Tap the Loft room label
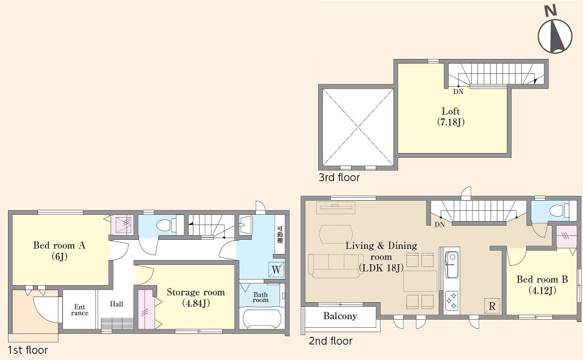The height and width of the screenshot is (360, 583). pyautogui.click(x=451, y=116)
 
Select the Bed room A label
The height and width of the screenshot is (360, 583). pyautogui.click(x=59, y=251)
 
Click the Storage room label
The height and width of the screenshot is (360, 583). pyautogui.click(x=196, y=298)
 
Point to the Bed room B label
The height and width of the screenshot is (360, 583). pyautogui.click(x=542, y=285)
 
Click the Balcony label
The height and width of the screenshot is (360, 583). pyautogui.click(x=340, y=316)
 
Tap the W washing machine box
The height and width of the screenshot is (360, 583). pyautogui.click(x=276, y=270)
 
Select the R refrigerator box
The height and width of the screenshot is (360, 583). pyautogui.click(x=492, y=306)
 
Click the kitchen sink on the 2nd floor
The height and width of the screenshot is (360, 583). pyautogui.click(x=452, y=264)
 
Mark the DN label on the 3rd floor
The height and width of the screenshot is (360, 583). pyautogui.click(x=458, y=91)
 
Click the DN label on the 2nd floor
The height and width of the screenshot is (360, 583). pyautogui.click(x=440, y=225)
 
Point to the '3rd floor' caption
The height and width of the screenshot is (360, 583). pyautogui.click(x=339, y=177)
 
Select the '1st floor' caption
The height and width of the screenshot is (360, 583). pyautogui.click(x=28, y=350)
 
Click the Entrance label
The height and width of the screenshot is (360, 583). pyautogui.click(x=79, y=310)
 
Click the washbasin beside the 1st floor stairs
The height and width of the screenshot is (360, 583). pyautogui.click(x=246, y=226)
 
